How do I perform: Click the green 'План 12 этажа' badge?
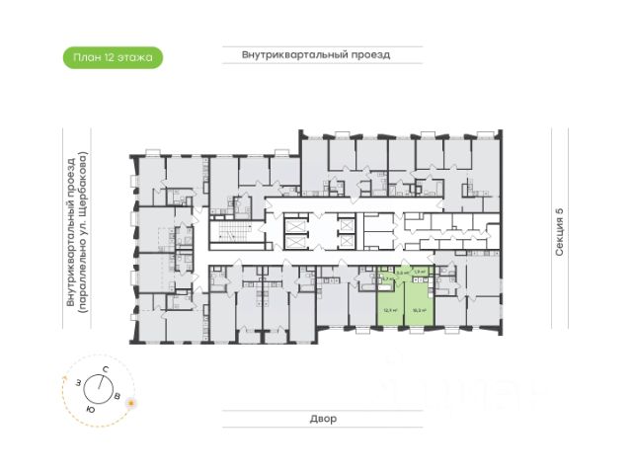pos(112,57)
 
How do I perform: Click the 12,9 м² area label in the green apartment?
pos(390,309)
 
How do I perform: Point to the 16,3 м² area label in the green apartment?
pos(418,309)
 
